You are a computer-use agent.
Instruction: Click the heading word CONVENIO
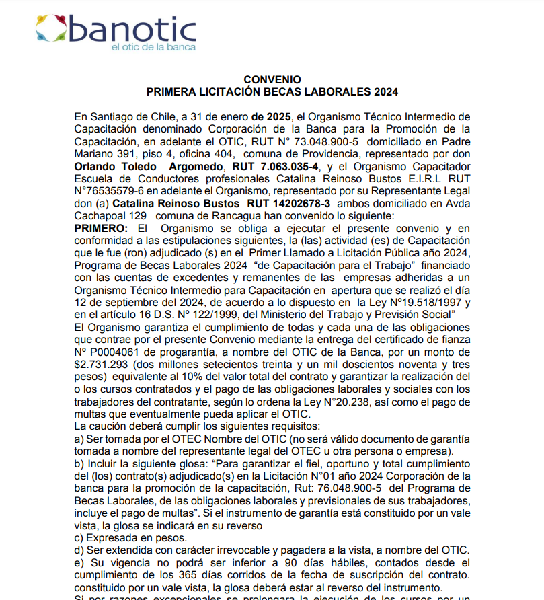272,79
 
